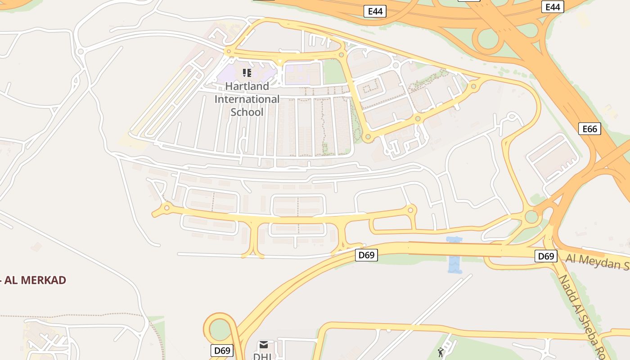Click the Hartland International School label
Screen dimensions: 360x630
pos(247,99)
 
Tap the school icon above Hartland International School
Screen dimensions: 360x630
pos(247,72)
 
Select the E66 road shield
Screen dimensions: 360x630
pos(589,129)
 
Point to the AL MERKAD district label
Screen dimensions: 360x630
pos(34,280)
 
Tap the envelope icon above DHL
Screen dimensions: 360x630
pos(264,345)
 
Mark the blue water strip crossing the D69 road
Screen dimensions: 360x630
pos(454,255)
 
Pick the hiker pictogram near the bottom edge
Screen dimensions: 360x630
pos(441,352)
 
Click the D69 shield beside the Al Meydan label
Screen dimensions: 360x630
pos(546,256)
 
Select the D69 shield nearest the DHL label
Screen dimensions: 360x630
pos(222,350)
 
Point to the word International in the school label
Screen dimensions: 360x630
pos(247,99)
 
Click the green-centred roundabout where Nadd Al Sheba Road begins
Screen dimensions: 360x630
pos(531,216)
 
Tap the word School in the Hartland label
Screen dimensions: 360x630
pos(247,112)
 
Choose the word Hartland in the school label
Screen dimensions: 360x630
pos(247,86)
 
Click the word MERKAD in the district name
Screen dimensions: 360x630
pos(43,280)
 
